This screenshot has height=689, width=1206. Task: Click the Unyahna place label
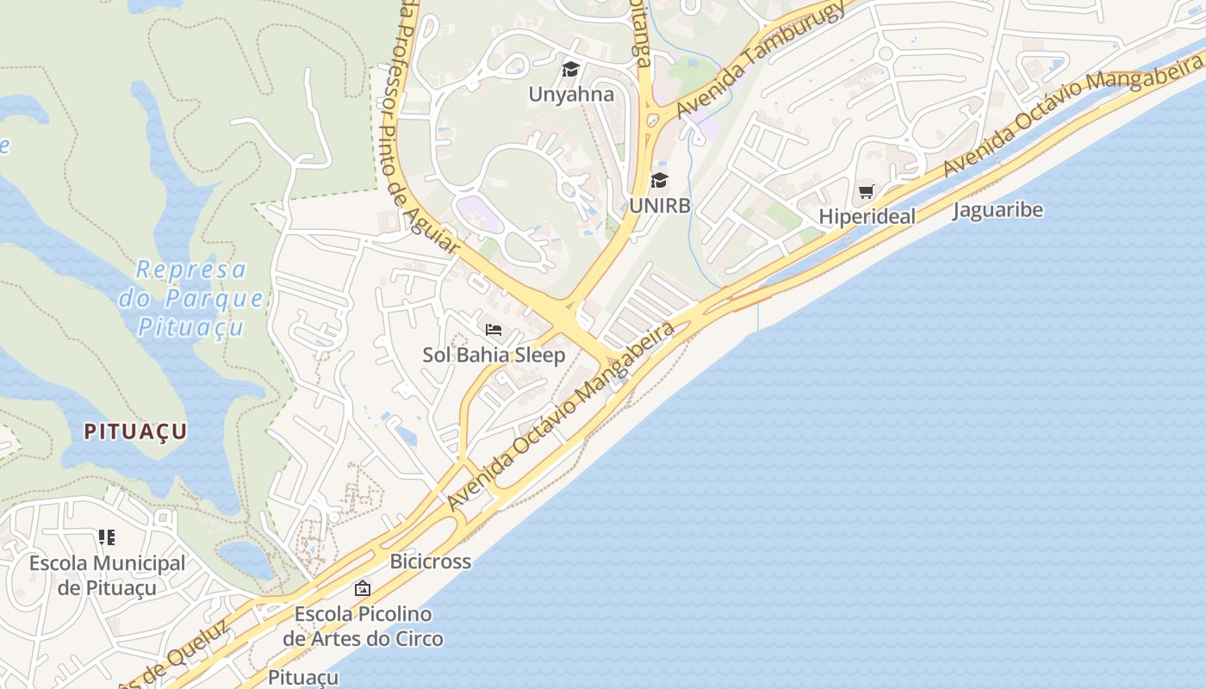coord(571,95)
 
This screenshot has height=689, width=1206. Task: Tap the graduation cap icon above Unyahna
coord(571,69)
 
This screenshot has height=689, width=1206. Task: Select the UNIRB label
coord(659,207)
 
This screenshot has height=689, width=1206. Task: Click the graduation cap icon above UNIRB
coord(659,180)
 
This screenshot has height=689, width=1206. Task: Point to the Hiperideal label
coord(867,217)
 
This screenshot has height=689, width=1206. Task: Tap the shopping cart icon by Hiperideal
coord(866,191)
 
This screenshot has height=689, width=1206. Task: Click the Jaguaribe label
coord(998,210)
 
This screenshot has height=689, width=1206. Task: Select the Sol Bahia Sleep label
coord(494,355)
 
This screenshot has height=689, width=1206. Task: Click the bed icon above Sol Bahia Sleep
coord(494,329)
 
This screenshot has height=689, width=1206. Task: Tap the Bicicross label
coord(431,562)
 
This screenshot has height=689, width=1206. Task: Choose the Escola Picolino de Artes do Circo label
coord(363,626)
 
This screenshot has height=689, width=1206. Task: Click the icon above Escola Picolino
coord(363,589)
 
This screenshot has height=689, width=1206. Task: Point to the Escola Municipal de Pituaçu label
coord(107,575)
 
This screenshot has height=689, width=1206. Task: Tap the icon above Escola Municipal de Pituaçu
coord(107,538)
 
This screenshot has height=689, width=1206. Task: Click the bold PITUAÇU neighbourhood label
coord(135,432)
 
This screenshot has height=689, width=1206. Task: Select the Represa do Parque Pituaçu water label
coord(192,298)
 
